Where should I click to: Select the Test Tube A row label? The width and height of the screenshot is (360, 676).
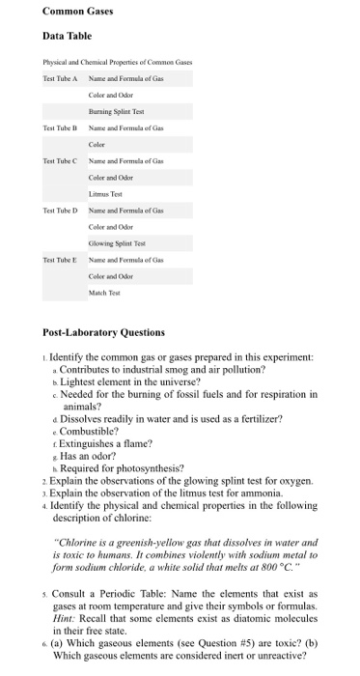tap(61, 78)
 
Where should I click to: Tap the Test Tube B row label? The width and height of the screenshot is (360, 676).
tap(61, 128)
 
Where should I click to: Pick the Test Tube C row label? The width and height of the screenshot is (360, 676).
tap(61, 160)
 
